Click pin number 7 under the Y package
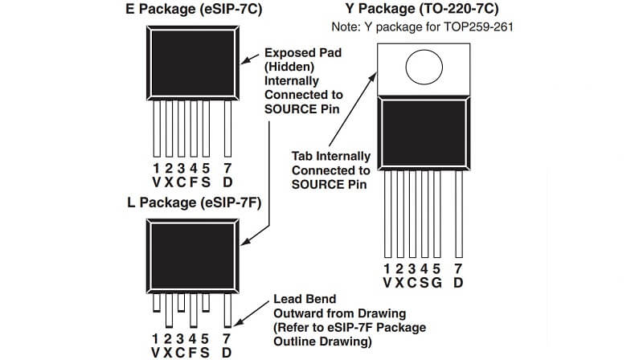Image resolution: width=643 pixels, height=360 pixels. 458,268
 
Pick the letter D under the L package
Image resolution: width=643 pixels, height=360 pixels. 228,353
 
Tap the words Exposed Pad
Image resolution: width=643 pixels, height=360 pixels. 302,52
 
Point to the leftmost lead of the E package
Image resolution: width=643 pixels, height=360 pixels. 156,129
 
